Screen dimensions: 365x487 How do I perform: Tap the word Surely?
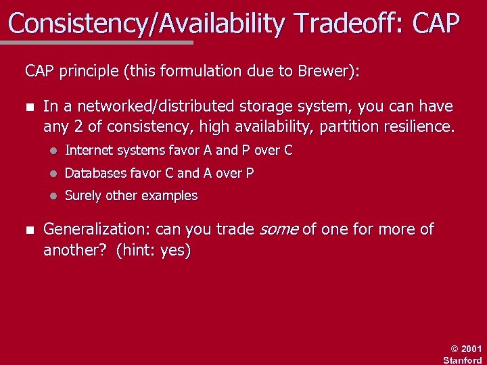point(83,196)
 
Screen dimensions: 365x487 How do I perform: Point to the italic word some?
point(279,230)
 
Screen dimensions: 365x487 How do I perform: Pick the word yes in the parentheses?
point(174,250)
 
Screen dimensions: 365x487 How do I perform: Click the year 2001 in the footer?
point(471,349)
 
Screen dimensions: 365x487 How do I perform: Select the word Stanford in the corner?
point(463,360)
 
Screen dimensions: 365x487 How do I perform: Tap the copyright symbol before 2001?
point(455,349)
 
